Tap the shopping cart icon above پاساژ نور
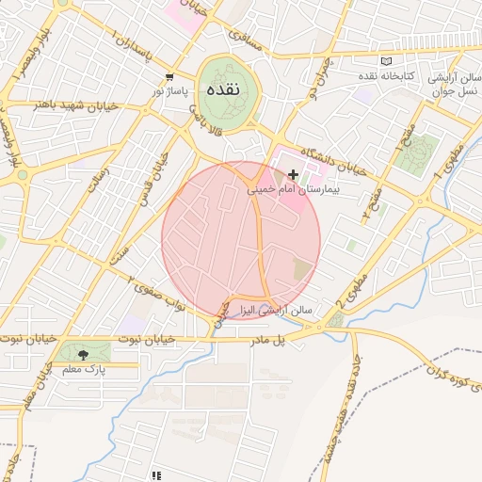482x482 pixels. tap(169, 78)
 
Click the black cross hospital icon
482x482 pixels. tap(294, 174)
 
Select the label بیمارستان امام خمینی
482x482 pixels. tap(293, 189)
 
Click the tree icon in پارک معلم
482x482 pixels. tap(85, 354)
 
